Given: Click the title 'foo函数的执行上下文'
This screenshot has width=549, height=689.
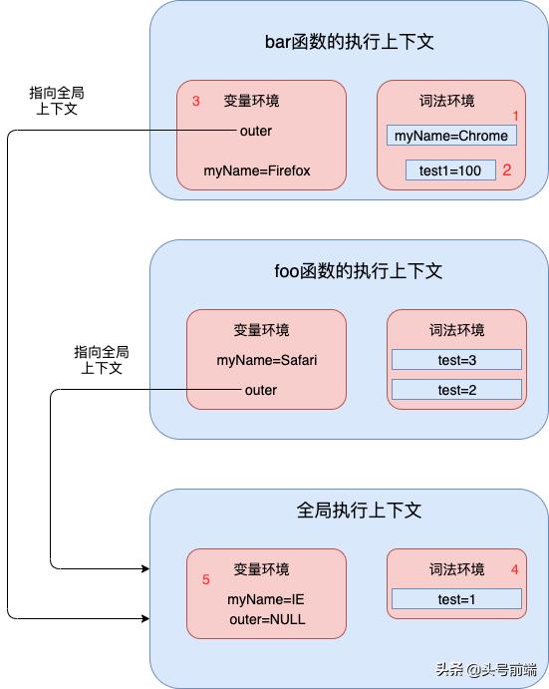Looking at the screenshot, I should point(358,271).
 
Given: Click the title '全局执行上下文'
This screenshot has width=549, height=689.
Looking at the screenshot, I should point(359,511).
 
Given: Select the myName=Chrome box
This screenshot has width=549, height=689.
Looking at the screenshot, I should point(451,136).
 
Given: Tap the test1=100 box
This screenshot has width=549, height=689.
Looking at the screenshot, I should point(450,171).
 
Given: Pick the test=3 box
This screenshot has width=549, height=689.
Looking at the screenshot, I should point(457,359).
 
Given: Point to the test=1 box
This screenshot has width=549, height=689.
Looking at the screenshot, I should point(457,599).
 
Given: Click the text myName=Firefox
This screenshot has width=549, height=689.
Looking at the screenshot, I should point(257,171).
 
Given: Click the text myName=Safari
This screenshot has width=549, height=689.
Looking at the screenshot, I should point(267,359).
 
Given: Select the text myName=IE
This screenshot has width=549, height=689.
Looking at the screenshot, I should point(258,599).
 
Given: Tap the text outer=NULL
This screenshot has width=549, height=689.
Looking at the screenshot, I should point(266,619).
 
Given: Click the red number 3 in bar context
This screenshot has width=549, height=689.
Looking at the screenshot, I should point(196,101).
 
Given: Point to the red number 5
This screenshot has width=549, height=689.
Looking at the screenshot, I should point(206,578).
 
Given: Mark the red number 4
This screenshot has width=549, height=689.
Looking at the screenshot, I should point(514,570).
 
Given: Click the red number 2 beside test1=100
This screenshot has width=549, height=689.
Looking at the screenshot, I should point(507,171).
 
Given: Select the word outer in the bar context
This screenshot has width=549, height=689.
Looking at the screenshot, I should point(256,131).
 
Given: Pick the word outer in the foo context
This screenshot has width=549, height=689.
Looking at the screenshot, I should point(261,390).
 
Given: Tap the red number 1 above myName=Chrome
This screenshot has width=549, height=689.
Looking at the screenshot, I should point(516,116).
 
